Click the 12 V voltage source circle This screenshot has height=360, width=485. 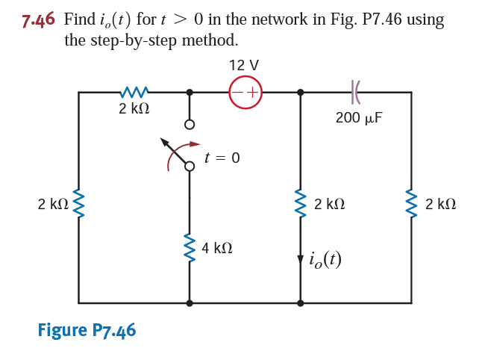tap(245, 93)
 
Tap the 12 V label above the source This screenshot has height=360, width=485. tap(244, 66)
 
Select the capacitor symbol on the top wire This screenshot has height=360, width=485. tap(355, 93)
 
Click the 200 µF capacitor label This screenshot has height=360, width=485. tap(359, 117)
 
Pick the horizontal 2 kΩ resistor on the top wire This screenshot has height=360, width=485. tap(134, 93)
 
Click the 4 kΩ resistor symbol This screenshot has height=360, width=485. tap(190, 247)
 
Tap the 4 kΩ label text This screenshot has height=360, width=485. tap(216, 247)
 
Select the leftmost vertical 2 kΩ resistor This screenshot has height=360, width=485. tap(78, 203)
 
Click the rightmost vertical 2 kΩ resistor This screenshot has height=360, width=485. tap(411, 203)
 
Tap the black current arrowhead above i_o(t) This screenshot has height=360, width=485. tap(300, 259)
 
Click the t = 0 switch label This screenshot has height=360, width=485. tap(222, 158)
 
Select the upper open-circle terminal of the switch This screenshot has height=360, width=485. tap(190, 124)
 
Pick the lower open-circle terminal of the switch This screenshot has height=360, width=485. tap(190, 167)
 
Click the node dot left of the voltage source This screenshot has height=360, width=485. tap(190, 93)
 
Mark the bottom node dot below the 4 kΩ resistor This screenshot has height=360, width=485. tap(190, 303)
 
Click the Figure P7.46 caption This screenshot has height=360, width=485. tap(87, 329)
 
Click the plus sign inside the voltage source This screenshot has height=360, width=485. tap(252, 93)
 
